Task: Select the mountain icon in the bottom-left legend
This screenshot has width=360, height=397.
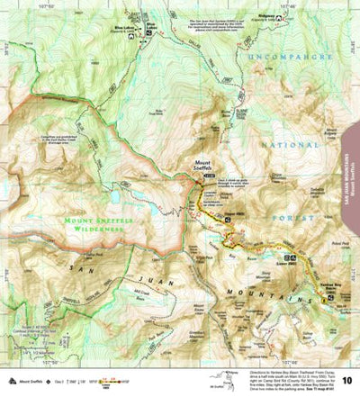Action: click(7, 381)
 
